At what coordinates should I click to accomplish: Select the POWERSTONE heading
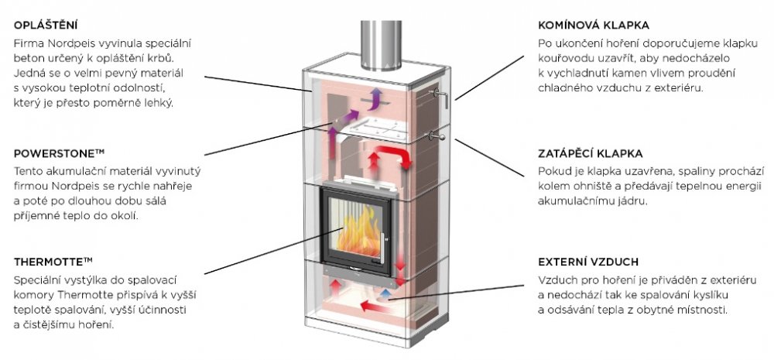point(54,153)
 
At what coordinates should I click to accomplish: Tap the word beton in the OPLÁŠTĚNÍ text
point(29,58)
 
